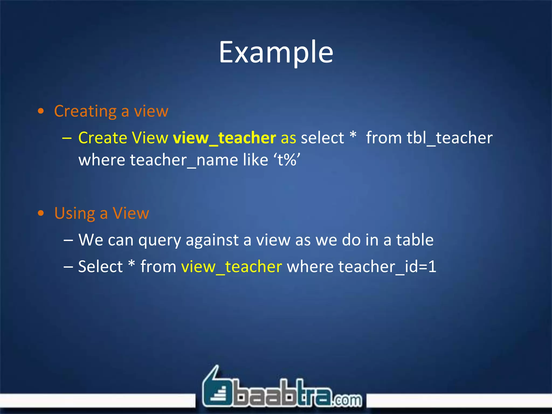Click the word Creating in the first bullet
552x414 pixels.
[85, 111]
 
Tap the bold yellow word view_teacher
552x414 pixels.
[224, 138]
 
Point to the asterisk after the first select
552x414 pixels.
[353, 135]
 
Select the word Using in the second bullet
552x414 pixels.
[74, 213]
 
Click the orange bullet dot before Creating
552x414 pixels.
[41, 111]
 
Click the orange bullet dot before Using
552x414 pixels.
[41, 213]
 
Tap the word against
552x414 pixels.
[212, 240]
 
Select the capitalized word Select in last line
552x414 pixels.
[100, 267]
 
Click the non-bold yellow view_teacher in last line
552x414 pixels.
[232, 267]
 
